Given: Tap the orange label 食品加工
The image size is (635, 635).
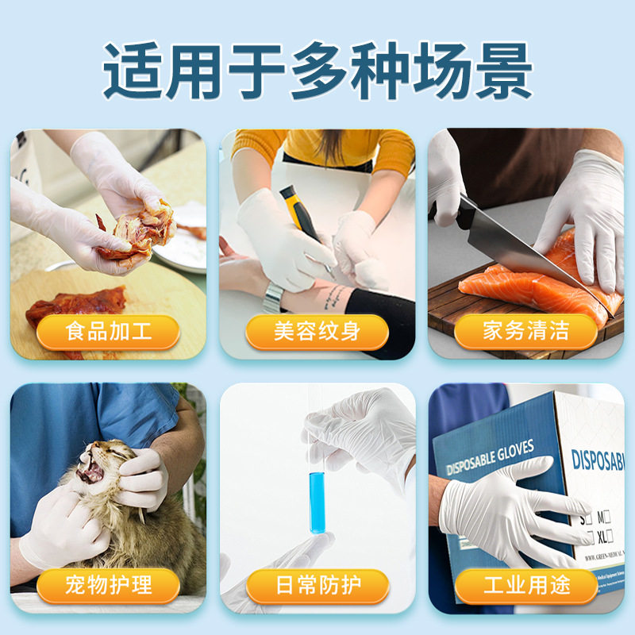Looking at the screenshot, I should [x=108, y=331].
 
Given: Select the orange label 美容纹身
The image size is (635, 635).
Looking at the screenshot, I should [x=317, y=331].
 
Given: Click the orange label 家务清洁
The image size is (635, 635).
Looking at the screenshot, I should [x=525, y=331].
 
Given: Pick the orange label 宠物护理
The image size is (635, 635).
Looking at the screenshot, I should [x=108, y=586].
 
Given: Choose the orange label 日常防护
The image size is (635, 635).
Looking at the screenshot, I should [x=317, y=586].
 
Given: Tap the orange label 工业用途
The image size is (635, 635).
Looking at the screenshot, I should [x=525, y=586].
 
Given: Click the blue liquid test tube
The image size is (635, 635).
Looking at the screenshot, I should [x=317, y=500].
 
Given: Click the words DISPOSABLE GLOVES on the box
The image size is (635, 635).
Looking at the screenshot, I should [x=491, y=459].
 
